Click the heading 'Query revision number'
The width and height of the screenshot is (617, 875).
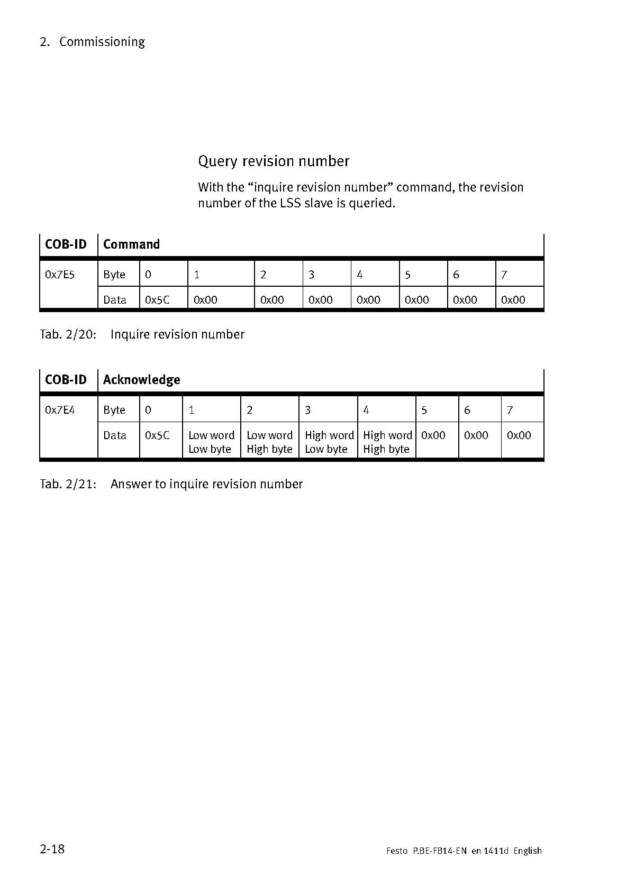tap(274, 161)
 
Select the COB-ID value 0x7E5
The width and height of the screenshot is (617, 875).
tap(60, 275)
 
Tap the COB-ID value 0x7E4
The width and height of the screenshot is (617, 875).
tap(60, 410)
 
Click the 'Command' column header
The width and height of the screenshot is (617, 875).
tap(131, 244)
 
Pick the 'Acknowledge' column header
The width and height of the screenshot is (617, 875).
tap(141, 380)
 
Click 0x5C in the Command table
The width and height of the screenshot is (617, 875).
tap(157, 300)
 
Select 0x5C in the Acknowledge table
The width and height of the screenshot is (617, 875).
tap(157, 435)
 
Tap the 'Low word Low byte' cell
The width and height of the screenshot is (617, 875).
tap(211, 442)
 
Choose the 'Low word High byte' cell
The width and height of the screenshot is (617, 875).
tap(269, 442)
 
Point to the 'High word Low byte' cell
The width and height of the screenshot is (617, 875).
tap(329, 442)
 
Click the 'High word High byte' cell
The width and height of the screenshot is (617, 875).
tap(387, 442)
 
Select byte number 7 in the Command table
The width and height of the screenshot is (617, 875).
tap(504, 275)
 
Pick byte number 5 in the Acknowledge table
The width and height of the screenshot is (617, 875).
tap(424, 410)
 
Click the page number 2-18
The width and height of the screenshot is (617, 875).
tap(52, 849)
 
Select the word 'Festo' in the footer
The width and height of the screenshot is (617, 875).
tap(397, 851)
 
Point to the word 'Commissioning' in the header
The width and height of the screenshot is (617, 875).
tap(102, 42)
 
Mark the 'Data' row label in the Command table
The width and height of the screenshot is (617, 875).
tap(115, 300)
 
